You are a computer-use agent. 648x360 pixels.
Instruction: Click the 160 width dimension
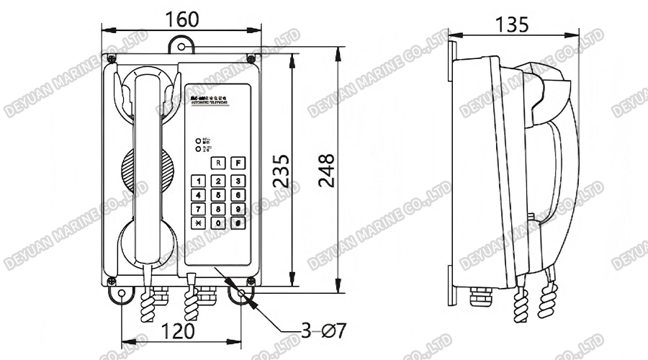click(x=182, y=19)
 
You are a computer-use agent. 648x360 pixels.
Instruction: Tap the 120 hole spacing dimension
click(x=178, y=331)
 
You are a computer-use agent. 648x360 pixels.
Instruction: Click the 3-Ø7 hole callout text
click(x=324, y=331)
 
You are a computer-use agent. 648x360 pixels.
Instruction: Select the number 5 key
click(x=217, y=194)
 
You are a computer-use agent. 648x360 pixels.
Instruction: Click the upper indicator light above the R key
click(x=199, y=141)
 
